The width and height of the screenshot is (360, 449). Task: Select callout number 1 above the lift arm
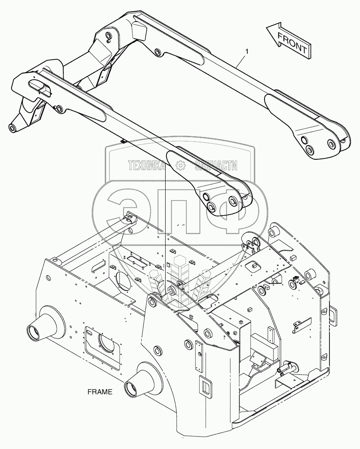[x=246, y=52]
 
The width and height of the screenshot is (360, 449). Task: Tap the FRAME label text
[x=99, y=392]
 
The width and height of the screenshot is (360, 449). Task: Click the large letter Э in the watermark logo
[x=125, y=207]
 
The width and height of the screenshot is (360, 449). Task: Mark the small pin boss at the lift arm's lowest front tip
[x=12, y=128]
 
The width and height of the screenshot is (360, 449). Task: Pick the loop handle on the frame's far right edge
[x=332, y=315]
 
